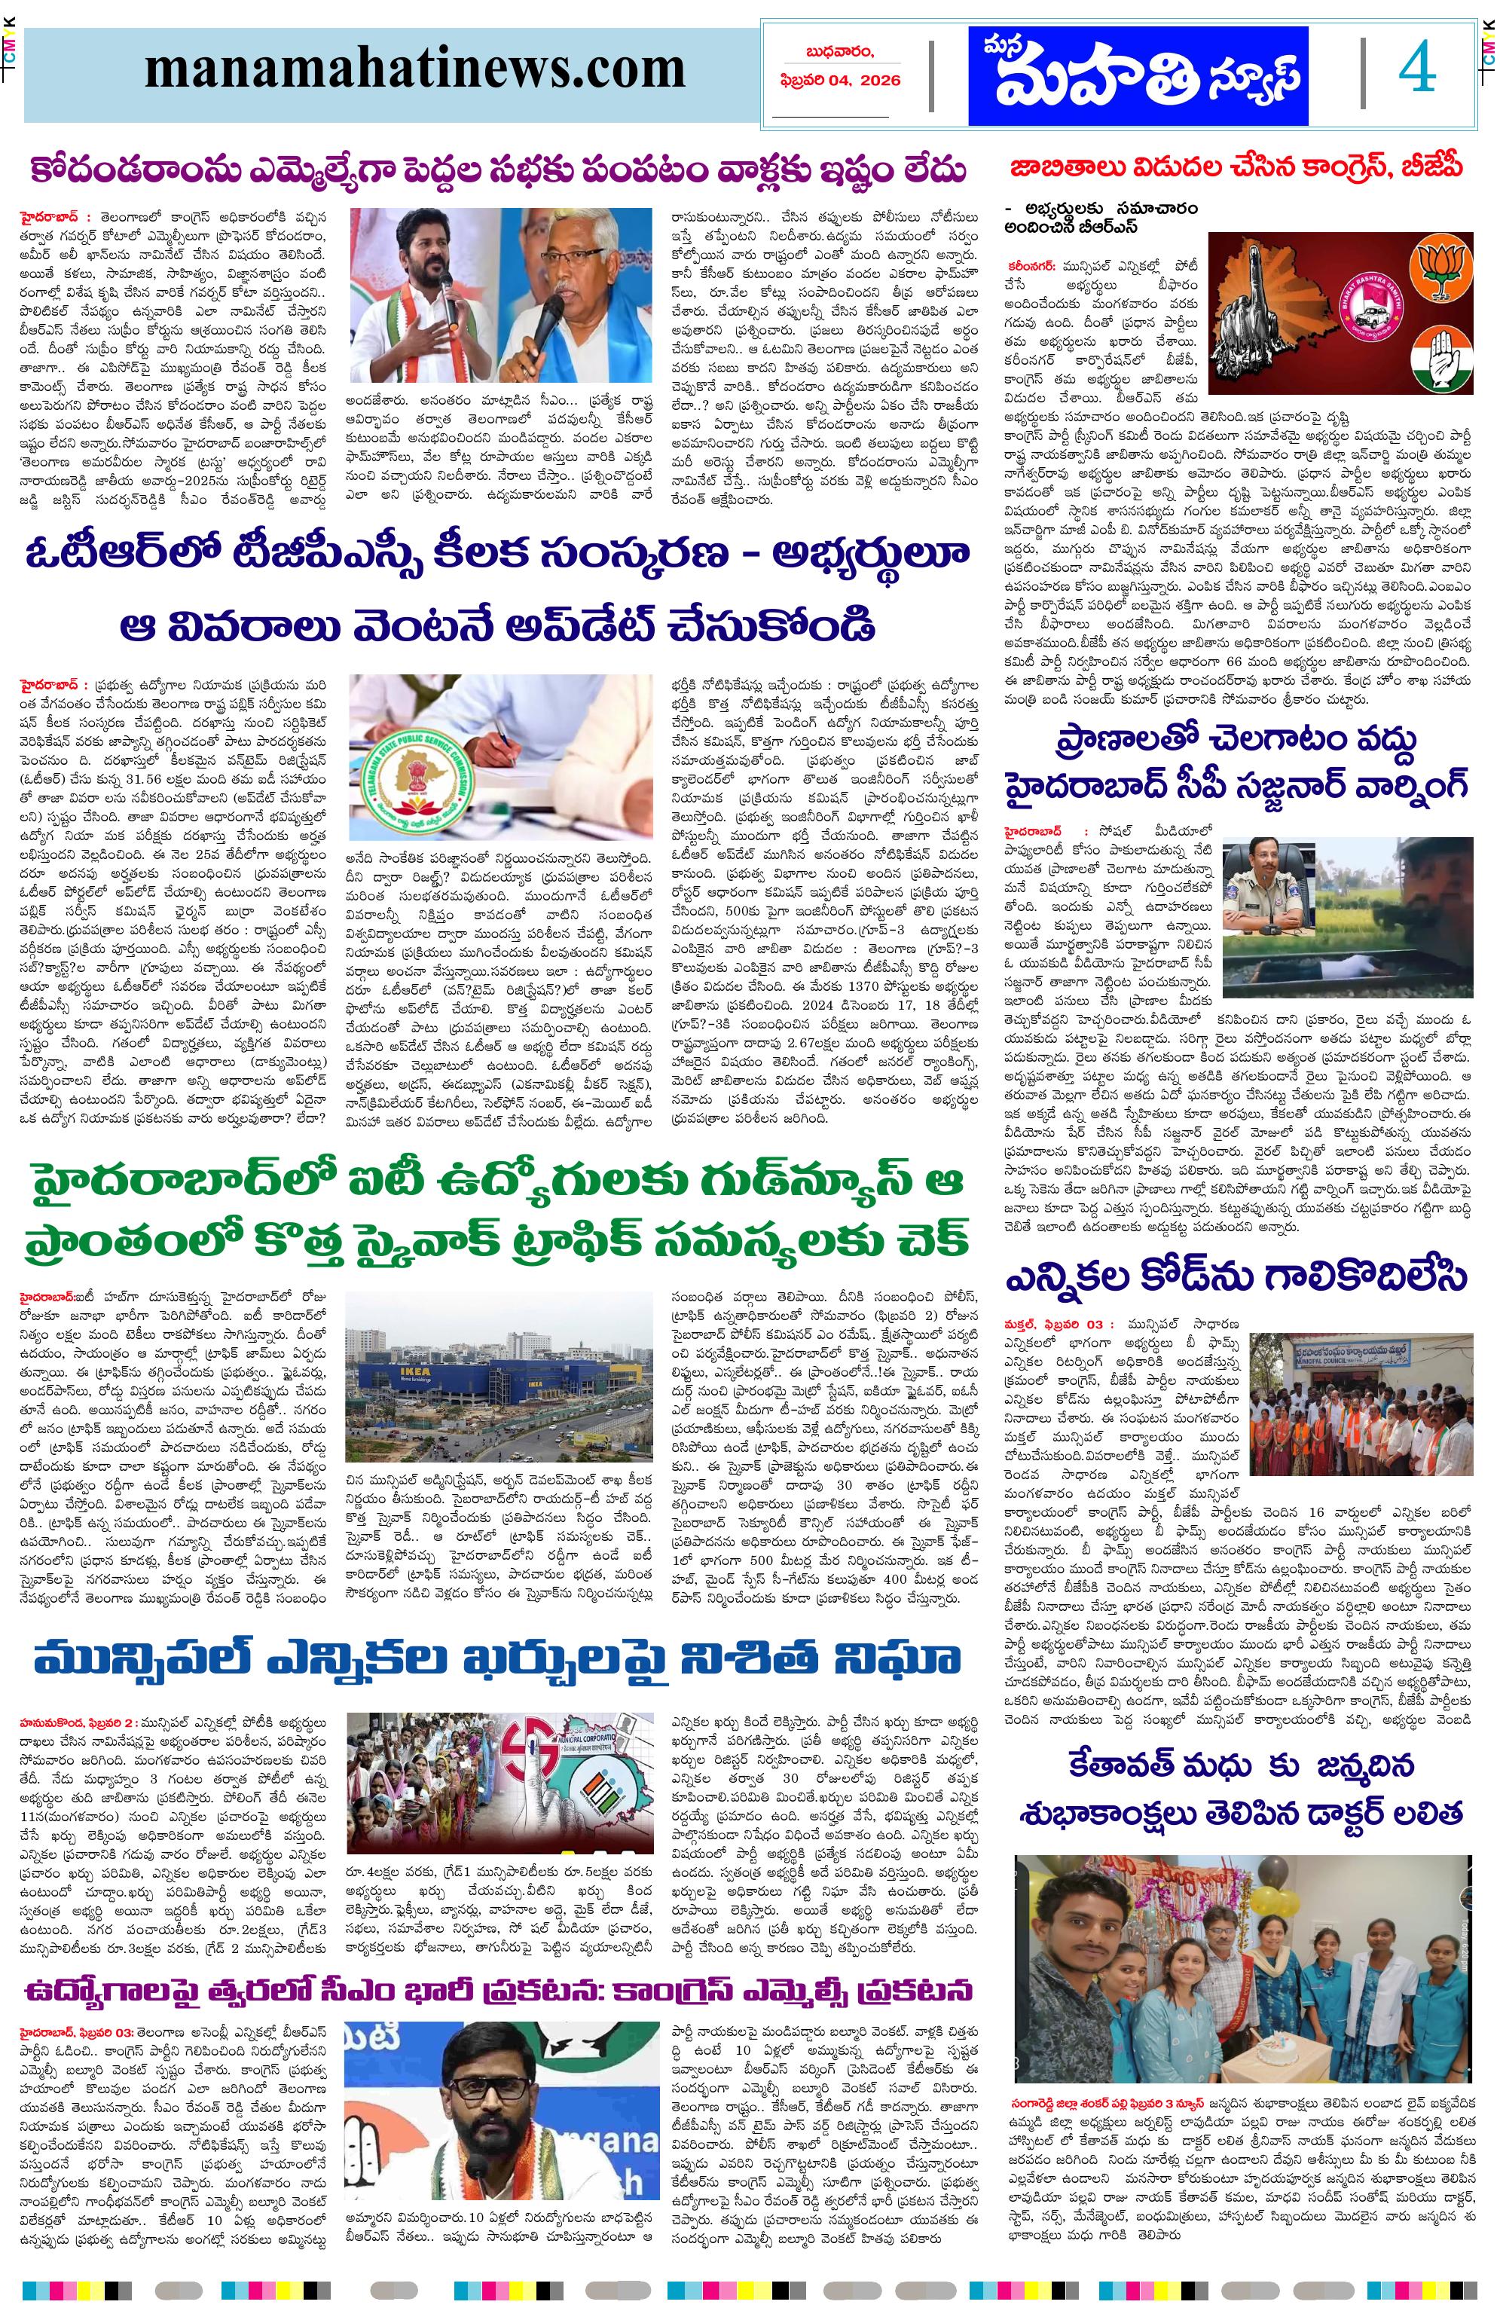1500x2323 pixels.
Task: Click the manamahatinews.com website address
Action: (414, 70)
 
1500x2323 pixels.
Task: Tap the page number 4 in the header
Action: (1416, 71)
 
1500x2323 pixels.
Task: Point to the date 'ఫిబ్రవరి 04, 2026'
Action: (839, 81)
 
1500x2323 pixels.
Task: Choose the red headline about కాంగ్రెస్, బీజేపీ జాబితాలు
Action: (1236, 167)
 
